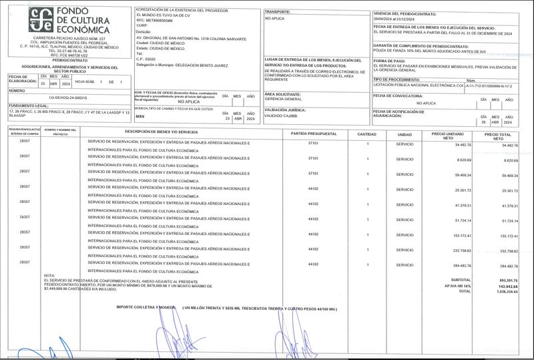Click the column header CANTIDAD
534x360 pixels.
[367, 134]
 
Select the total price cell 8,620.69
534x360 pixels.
[509, 160]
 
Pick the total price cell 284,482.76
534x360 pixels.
[509, 266]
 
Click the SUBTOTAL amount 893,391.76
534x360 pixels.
[509, 280]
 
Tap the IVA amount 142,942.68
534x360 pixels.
[509, 286]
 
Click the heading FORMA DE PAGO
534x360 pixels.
[390, 60]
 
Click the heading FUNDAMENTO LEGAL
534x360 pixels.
[28, 105]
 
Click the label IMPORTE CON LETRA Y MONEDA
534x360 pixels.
[144, 307]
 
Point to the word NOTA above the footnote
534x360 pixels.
[49, 275]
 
